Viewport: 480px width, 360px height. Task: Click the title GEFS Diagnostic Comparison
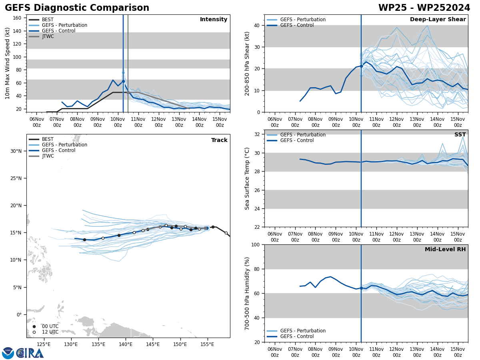click(77, 8)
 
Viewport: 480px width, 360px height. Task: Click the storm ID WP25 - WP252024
click(424, 8)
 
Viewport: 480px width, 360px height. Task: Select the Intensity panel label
click(214, 20)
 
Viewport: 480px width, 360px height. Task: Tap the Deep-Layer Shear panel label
click(438, 20)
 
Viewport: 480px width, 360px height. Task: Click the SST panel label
click(460, 135)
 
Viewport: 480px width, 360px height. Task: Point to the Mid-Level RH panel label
click(445, 250)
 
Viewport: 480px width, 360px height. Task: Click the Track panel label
click(219, 140)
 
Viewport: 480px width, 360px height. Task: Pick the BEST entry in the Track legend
click(48, 139)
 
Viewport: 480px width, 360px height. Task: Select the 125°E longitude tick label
click(43, 344)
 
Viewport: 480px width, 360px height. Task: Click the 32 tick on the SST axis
click(258, 134)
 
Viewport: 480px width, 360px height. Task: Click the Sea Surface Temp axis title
click(247, 178)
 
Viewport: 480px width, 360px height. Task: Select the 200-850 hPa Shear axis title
click(247, 63)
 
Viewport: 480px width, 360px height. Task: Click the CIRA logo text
click(30, 353)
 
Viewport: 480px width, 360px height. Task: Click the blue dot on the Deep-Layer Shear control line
click(361, 66)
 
